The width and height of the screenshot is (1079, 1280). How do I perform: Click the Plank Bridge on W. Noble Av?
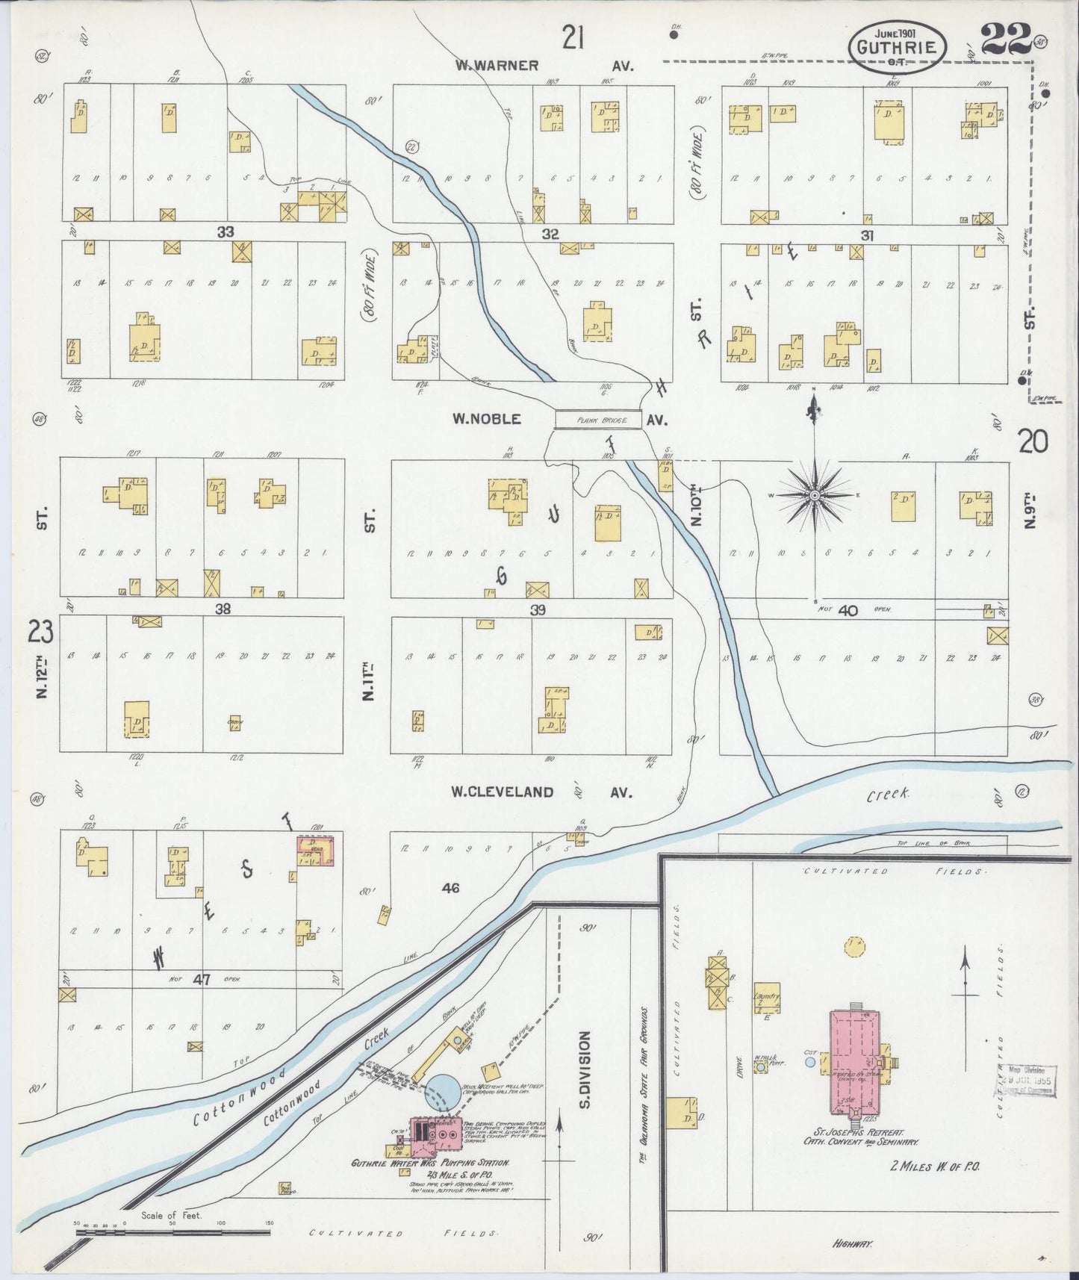[x=598, y=420]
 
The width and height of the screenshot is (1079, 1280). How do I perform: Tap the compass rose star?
[x=814, y=494]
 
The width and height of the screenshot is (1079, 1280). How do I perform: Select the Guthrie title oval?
[x=898, y=46]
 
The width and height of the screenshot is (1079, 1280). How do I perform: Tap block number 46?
[x=450, y=888]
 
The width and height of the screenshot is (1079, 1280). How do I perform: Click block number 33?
[x=226, y=232]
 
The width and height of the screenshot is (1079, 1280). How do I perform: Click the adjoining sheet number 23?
[x=41, y=633]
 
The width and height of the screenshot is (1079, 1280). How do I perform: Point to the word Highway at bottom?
[x=853, y=1243]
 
